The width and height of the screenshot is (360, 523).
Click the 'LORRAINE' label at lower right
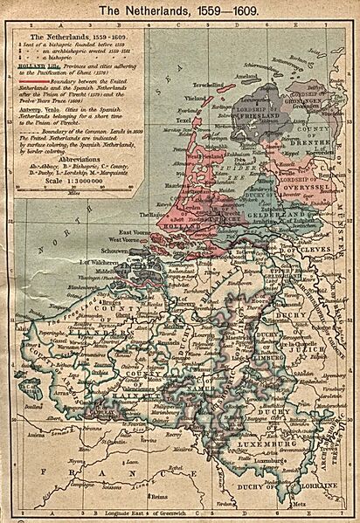[x=316, y=483]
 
